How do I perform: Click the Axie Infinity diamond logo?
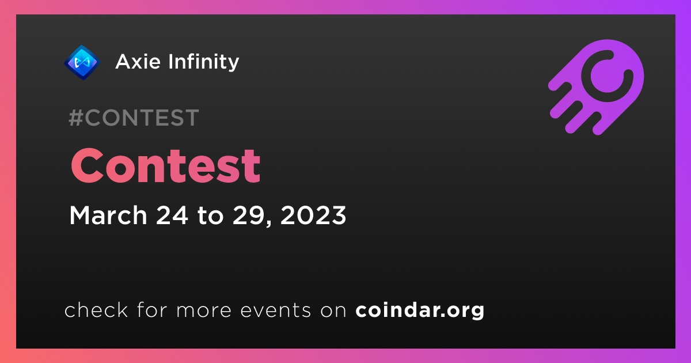[82, 62]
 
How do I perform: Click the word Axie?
[138, 62]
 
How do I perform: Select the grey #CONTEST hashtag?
[134, 118]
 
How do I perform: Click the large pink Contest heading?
[166, 166]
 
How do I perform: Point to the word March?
[108, 215]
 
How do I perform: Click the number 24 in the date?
[172, 215]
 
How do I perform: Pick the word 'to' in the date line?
[210, 215]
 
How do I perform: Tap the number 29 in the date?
[248, 215]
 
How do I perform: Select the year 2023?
[313, 215]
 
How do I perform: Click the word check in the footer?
[96, 309]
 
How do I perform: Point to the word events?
[276, 310]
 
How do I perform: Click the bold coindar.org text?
[420, 310]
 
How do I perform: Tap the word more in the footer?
[204, 311]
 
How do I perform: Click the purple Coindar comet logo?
[597, 87]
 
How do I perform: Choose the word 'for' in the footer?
[152, 309]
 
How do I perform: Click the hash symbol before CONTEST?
[76, 118]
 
